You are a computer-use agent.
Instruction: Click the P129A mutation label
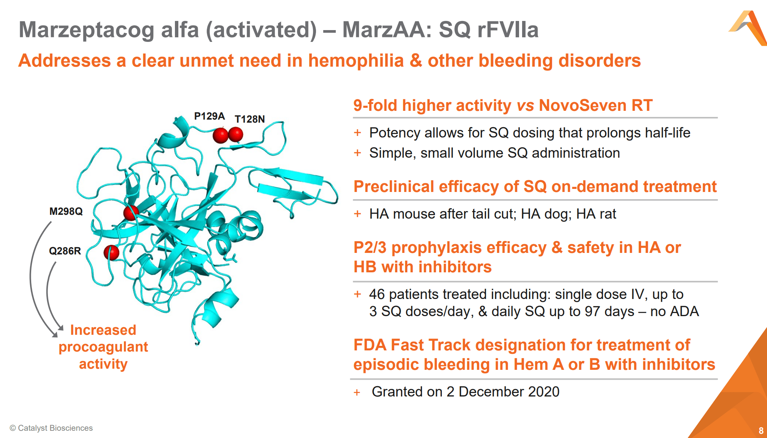[x=210, y=116]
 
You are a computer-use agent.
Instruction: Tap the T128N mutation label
[x=250, y=119]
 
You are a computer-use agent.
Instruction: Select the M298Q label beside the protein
[x=66, y=211]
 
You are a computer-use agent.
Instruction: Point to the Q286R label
[x=65, y=251]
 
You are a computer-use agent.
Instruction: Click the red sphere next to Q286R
[x=111, y=253]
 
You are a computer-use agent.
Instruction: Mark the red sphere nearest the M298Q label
[x=131, y=213]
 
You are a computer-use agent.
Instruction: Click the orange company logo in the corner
[x=748, y=28]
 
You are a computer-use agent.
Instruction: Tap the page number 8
[x=761, y=431]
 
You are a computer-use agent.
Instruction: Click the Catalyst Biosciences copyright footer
[x=51, y=428]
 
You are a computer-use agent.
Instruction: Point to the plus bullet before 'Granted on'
[x=357, y=392]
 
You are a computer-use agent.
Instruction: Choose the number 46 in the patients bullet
[x=377, y=294]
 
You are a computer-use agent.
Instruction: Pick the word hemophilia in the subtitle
[x=356, y=61]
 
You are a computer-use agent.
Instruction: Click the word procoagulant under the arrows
[x=103, y=347]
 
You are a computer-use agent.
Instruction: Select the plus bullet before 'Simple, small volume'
[x=357, y=153]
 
